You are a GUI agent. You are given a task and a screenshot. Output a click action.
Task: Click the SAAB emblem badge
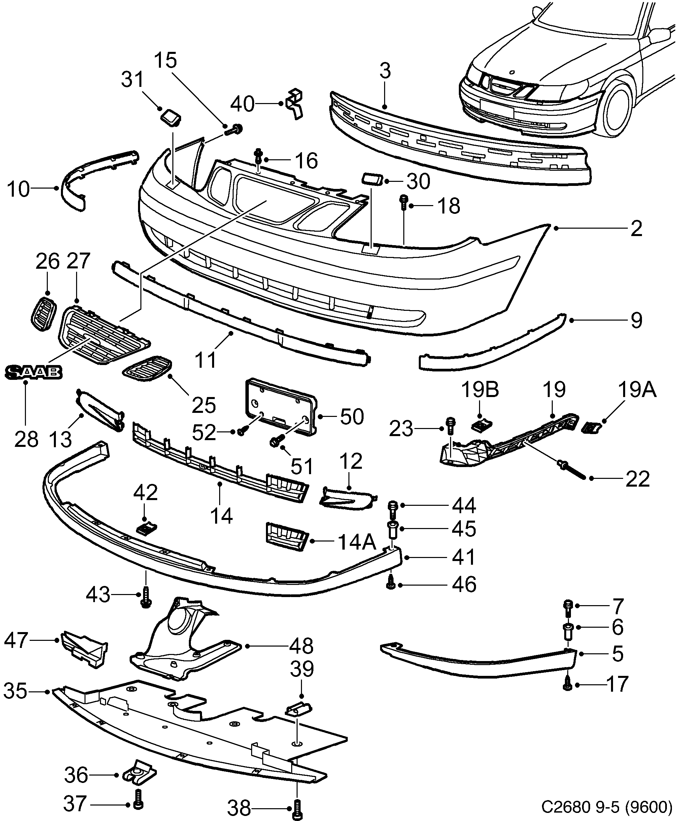click(x=33, y=372)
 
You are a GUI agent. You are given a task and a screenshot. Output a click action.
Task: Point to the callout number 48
click(x=301, y=646)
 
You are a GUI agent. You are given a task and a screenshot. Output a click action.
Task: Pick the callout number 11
click(x=205, y=360)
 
